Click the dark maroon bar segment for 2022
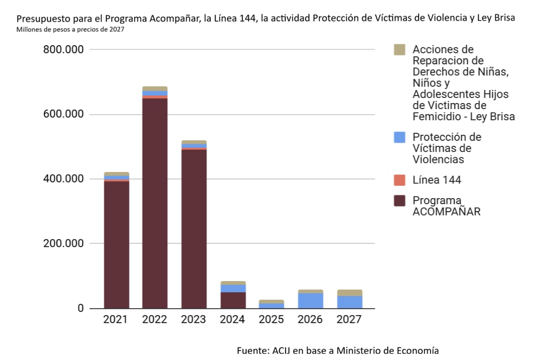155,203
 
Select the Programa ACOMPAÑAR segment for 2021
116,245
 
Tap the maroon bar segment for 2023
194,229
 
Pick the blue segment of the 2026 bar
311,301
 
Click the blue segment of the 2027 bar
350,302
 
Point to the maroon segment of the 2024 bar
233,300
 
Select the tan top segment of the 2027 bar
350,293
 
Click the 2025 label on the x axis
271,319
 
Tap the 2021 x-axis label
115,319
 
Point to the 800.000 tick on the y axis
63,49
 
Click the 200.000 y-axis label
63,243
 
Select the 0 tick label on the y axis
81,308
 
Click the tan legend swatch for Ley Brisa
400,50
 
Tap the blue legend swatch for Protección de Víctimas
400,137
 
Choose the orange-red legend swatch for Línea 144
400,180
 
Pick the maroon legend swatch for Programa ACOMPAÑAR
400,201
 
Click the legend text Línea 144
437,180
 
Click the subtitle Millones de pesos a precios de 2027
70,30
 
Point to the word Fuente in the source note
253,351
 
